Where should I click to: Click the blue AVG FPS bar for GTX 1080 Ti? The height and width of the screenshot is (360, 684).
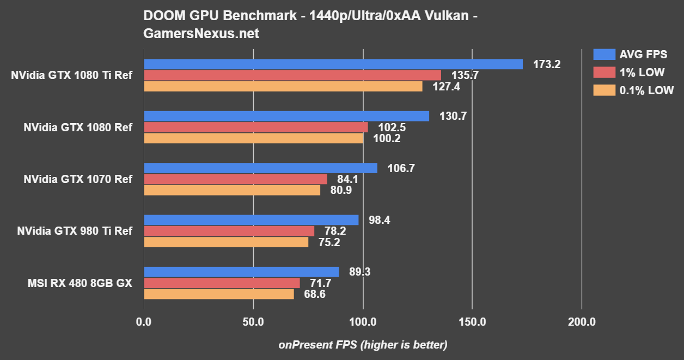pyautogui.click(x=333, y=64)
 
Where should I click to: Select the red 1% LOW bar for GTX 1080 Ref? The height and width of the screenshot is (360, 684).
pyautogui.click(x=256, y=127)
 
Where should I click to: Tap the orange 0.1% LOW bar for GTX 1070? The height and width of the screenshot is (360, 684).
pyautogui.click(x=232, y=190)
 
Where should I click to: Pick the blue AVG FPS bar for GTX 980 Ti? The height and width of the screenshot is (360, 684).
pyautogui.click(x=251, y=219)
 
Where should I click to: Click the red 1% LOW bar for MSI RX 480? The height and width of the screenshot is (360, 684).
pyautogui.click(x=222, y=283)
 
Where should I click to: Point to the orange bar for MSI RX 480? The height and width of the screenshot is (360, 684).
pyautogui.click(x=218, y=294)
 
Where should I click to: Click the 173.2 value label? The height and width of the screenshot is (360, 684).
pyautogui.click(x=547, y=64)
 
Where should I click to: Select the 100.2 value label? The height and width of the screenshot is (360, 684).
pyautogui.click(x=387, y=138)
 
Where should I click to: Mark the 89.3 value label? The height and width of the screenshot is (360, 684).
pyautogui.click(x=359, y=272)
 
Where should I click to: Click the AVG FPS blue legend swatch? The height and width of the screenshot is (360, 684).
pyautogui.click(x=603, y=54)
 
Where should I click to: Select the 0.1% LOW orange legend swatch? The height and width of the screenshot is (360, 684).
pyautogui.click(x=603, y=90)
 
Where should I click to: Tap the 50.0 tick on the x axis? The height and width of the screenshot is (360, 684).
pyautogui.click(x=253, y=322)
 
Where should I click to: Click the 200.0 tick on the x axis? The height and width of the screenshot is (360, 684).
pyautogui.click(x=581, y=322)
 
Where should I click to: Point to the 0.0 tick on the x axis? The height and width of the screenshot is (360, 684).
pyautogui.click(x=144, y=322)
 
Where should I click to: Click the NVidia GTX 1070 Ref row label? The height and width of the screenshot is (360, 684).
pyautogui.click(x=78, y=179)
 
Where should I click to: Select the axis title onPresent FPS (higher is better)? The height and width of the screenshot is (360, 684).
pyautogui.click(x=363, y=345)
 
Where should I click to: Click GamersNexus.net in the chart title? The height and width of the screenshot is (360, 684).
pyautogui.click(x=201, y=34)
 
